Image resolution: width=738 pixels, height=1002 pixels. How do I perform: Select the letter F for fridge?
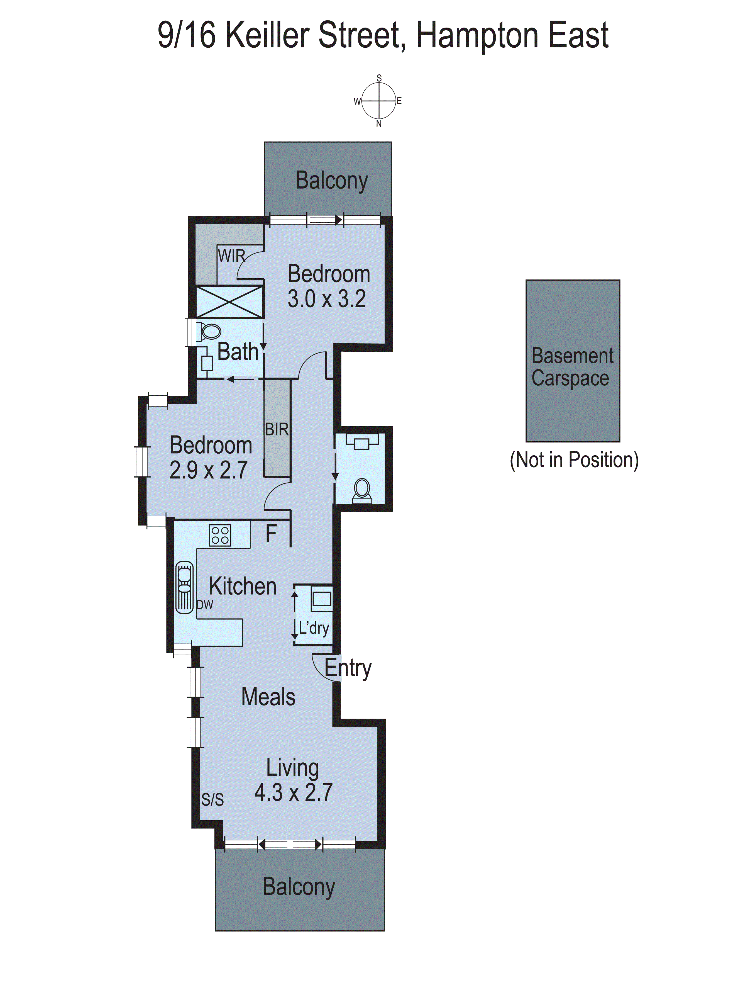pos(271,534)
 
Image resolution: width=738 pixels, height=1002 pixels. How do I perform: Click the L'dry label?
pos(314,628)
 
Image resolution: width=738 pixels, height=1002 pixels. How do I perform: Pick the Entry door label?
pos(348,668)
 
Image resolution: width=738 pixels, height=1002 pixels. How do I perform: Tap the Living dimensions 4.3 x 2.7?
pos(294,792)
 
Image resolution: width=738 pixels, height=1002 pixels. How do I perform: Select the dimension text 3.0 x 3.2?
pos(327,298)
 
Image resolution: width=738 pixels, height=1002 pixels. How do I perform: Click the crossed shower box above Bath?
pos(230,302)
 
